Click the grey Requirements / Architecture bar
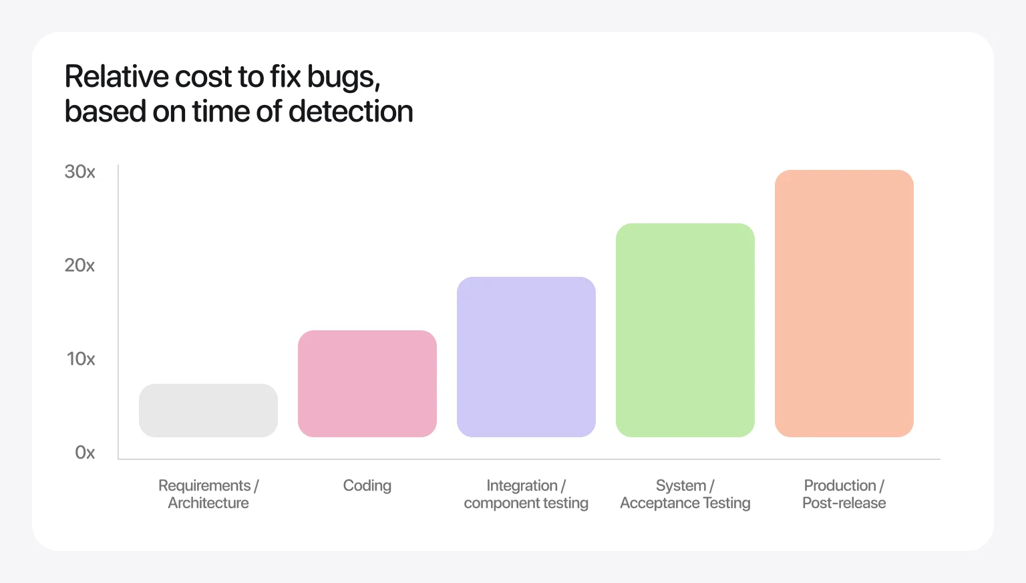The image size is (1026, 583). click(208, 411)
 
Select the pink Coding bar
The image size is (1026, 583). click(367, 384)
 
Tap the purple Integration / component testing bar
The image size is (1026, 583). click(526, 357)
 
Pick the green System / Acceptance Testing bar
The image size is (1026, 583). click(685, 330)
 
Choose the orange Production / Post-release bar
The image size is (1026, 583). click(844, 304)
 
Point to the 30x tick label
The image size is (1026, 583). click(79, 172)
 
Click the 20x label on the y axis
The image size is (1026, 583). click(79, 265)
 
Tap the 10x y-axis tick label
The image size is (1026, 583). click(81, 359)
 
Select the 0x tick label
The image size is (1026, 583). click(85, 453)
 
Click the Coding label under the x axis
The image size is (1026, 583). click(367, 485)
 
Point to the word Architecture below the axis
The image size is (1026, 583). click(208, 503)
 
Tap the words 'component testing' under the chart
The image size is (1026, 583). click(526, 503)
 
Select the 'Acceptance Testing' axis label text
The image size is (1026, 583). click(685, 503)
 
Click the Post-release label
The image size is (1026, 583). click(844, 503)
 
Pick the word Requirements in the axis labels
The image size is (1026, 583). click(204, 485)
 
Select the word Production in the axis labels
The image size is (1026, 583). click(840, 485)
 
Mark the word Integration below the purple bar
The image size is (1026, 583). click(522, 485)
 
